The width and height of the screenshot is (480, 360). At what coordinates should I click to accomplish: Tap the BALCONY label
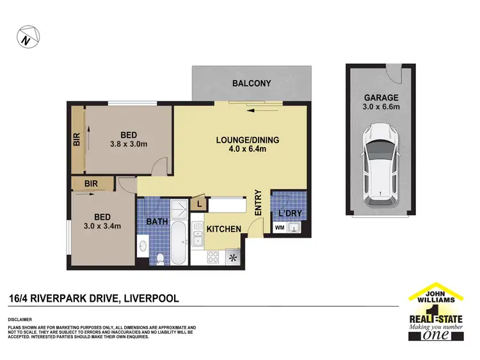pyautogui.click(x=252, y=83)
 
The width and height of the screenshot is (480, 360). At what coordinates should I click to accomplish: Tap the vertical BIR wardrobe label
pyautogui.click(x=77, y=140)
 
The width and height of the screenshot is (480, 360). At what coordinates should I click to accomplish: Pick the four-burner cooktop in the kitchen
pyautogui.click(x=214, y=258)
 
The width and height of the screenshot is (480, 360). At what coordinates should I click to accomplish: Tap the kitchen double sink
pyautogui.click(x=197, y=240)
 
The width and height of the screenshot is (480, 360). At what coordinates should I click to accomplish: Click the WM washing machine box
pyautogui.click(x=279, y=227)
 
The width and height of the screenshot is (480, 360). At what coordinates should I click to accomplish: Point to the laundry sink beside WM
pyautogui.click(x=294, y=227)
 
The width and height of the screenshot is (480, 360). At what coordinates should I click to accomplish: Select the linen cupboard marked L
pyautogui.click(x=199, y=204)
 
